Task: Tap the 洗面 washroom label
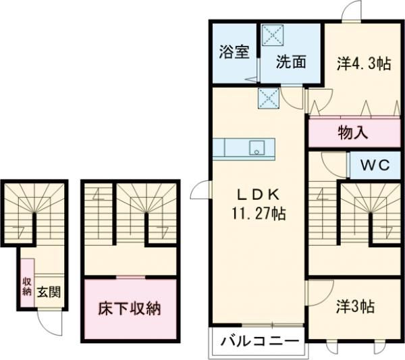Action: pyautogui.click(x=291, y=61)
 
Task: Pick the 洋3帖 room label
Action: pyautogui.click(x=356, y=306)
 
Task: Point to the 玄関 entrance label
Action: pyautogui.click(x=49, y=292)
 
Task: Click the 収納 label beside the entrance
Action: pyautogui.click(x=27, y=287)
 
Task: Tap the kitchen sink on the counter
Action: pyautogui.click(x=256, y=149)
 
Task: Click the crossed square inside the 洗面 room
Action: pyautogui.click(x=273, y=34)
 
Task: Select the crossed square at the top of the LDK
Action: pyautogui.click(x=268, y=99)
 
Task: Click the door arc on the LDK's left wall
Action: pyautogui.click(x=200, y=192)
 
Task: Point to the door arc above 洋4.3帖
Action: pyautogui.click(x=351, y=11)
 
